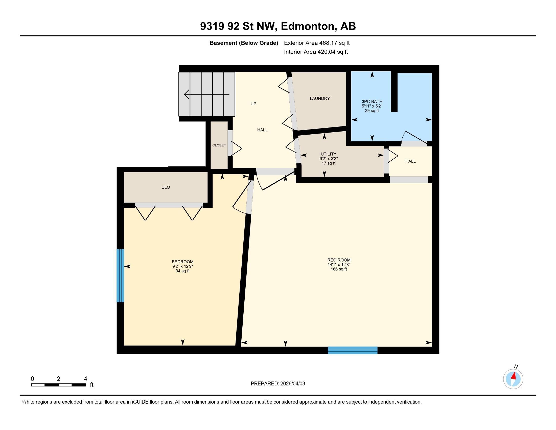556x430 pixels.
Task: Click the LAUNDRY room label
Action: pyautogui.click(x=320, y=98)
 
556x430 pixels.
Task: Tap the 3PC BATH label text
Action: pyautogui.click(x=372, y=101)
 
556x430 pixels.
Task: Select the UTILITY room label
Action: pyautogui.click(x=328, y=154)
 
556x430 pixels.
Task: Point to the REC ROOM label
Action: pyautogui.click(x=339, y=260)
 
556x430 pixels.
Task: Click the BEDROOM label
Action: pyautogui.click(x=182, y=262)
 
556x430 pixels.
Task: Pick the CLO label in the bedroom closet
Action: pyautogui.click(x=166, y=187)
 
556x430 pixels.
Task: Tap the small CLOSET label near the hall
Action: pyautogui.click(x=219, y=145)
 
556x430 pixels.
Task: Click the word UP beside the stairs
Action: pyautogui.click(x=253, y=104)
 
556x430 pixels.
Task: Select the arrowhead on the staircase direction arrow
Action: pyautogui.click(x=187, y=94)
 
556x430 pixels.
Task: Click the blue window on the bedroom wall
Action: pyautogui.click(x=120, y=275)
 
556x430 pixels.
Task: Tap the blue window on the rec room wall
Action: pyautogui.click(x=353, y=350)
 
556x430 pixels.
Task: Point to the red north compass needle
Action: pyautogui.click(x=514, y=376)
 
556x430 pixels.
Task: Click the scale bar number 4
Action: pyautogui.click(x=85, y=379)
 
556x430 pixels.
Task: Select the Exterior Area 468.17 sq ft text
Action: pyautogui.click(x=317, y=43)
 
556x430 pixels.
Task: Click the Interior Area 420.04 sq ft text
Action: pyautogui.click(x=316, y=52)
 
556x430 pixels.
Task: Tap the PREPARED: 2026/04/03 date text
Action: pyautogui.click(x=278, y=383)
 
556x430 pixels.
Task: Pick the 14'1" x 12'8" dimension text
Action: pyautogui.click(x=339, y=264)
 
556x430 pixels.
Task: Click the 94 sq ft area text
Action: pyautogui.click(x=182, y=271)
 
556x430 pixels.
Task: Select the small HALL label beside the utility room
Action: pyautogui.click(x=410, y=161)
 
